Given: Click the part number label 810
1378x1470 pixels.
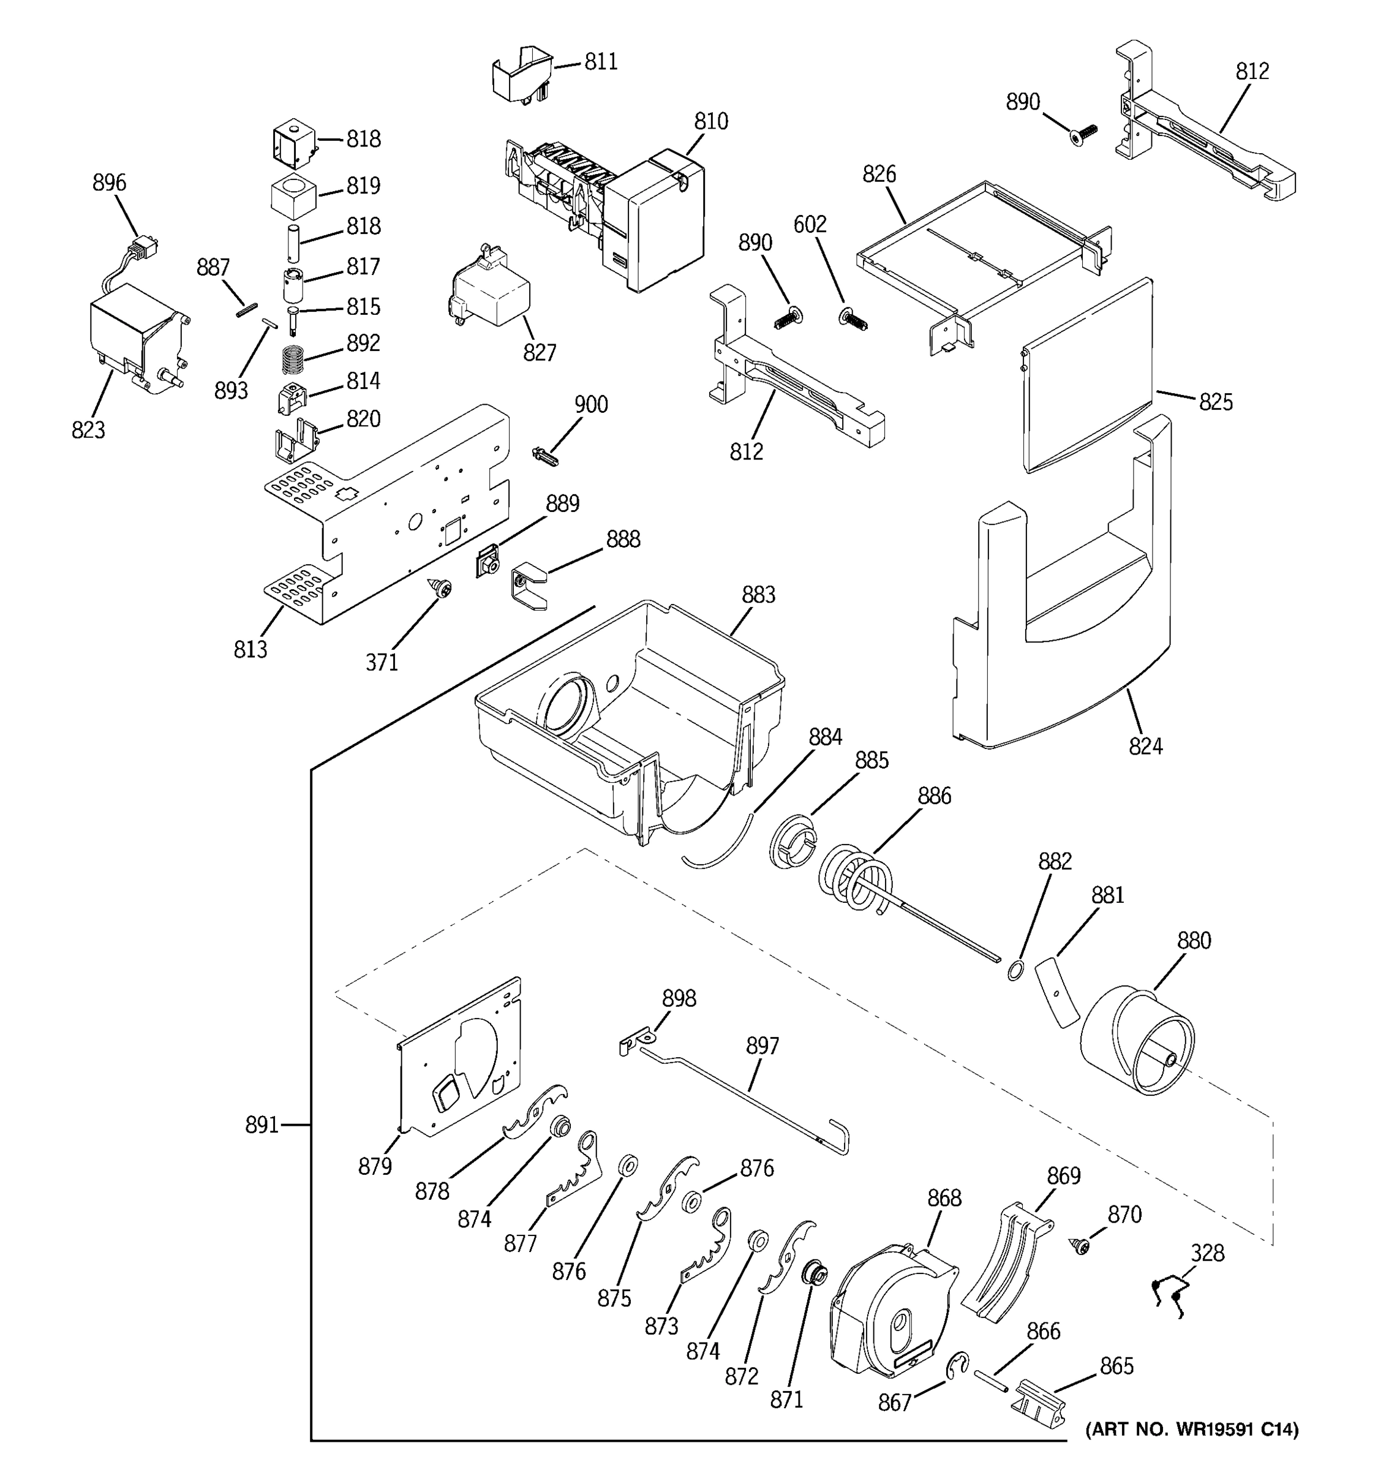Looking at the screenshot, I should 710,121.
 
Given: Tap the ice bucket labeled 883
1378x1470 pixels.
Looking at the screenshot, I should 628,710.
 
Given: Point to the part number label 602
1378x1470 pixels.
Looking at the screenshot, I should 810,224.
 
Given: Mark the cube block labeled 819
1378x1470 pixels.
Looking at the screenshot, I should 293,194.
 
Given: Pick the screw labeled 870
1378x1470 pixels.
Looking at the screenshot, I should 1081,1246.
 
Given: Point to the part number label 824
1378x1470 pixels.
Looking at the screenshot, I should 1145,746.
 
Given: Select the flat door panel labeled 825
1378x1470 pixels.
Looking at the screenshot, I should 1086,377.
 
